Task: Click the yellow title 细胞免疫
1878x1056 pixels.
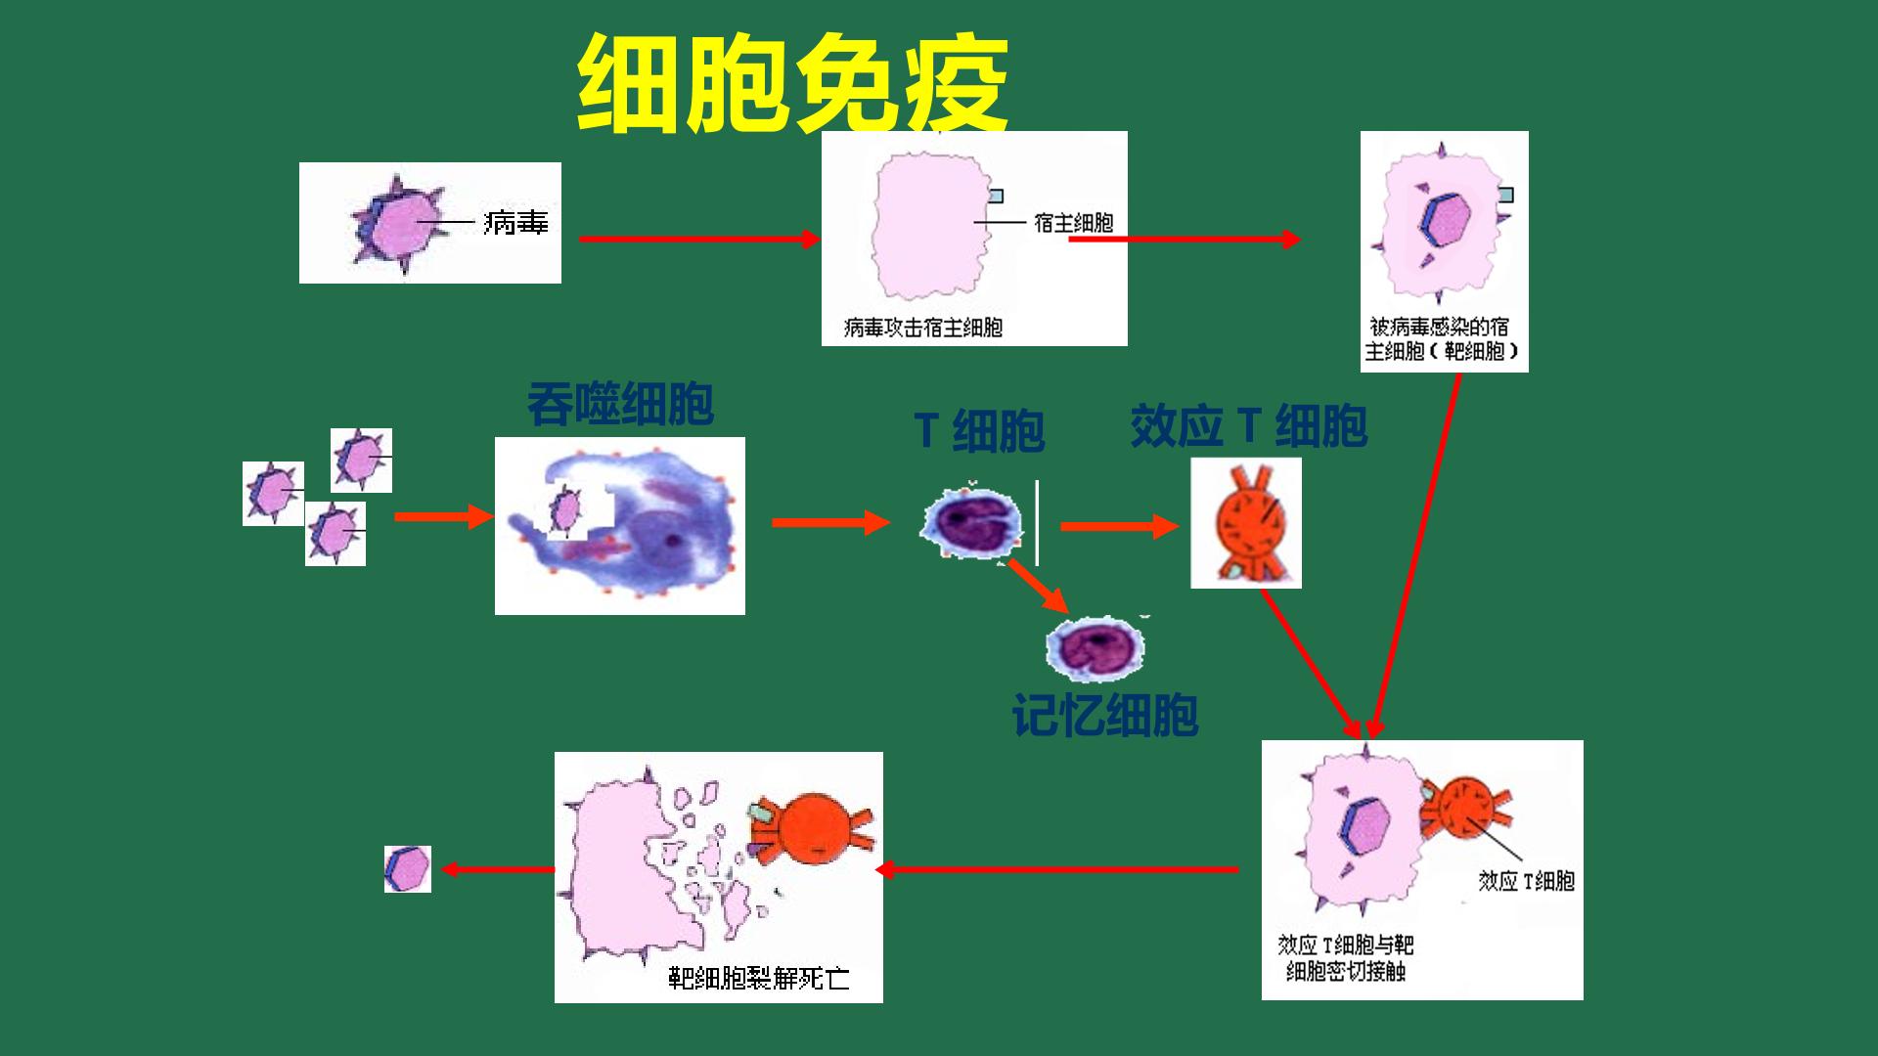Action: click(792, 85)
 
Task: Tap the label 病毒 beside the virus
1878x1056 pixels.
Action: click(515, 224)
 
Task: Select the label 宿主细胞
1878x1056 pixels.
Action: click(1074, 223)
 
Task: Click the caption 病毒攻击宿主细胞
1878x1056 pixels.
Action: click(923, 327)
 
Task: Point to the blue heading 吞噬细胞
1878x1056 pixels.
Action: click(620, 404)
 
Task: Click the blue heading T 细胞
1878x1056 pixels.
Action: click(979, 431)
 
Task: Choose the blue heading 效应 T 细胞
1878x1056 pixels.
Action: click(1248, 426)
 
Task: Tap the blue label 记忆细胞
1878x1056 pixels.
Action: click(1105, 716)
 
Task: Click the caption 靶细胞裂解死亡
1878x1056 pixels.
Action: click(759, 978)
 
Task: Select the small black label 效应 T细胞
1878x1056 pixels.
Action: click(1526, 881)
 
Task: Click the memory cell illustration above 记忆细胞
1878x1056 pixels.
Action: click(1095, 647)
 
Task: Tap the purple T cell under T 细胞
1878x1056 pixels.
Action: click(970, 526)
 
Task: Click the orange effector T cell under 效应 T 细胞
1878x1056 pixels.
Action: click(1246, 523)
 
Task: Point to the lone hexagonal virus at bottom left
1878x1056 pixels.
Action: click(408, 868)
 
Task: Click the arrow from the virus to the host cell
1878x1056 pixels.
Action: click(699, 239)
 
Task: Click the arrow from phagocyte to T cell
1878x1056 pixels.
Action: click(831, 522)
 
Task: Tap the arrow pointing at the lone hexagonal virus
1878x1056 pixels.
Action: click(498, 869)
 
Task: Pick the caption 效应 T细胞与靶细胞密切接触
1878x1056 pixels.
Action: click(1346, 958)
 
